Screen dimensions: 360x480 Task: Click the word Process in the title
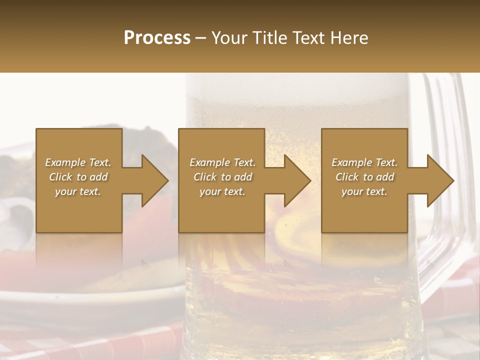tap(157, 37)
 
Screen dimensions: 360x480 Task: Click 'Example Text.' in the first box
tap(78, 162)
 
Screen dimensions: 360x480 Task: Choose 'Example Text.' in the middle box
tap(222, 162)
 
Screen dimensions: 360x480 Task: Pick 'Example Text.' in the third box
tap(364, 162)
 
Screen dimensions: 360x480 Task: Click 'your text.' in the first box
tap(78, 191)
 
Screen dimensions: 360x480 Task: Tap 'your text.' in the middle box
tap(222, 191)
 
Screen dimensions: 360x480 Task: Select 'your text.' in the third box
tap(364, 191)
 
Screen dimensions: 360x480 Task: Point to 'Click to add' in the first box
tap(78, 177)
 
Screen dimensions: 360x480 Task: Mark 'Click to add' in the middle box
tap(222, 177)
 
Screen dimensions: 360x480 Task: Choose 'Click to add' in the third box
tap(364, 177)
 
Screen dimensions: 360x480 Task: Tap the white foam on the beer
tap(295, 87)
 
